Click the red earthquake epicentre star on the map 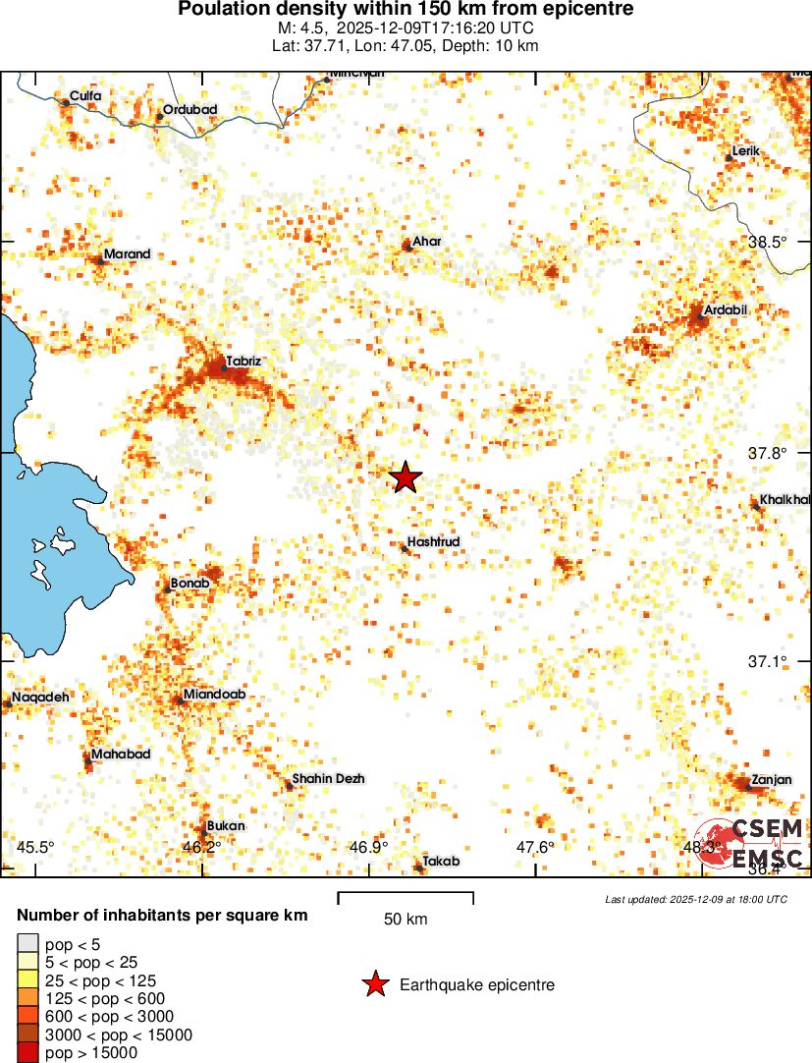pyautogui.click(x=406, y=478)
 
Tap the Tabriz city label pyautogui.click(x=244, y=362)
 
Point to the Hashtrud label pyautogui.click(x=434, y=541)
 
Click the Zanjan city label pyautogui.click(x=771, y=780)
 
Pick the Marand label pyautogui.click(x=128, y=254)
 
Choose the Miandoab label pyautogui.click(x=214, y=695)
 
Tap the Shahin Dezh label pyautogui.click(x=329, y=779)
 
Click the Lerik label pyautogui.click(x=747, y=151)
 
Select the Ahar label pyautogui.click(x=427, y=242)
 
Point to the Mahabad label pyautogui.click(x=121, y=755)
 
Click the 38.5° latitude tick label pyautogui.click(x=769, y=242)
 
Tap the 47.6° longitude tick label pyautogui.click(x=537, y=848)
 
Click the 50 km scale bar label pyautogui.click(x=406, y=920)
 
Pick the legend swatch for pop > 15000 pyautogui.click(x=27, y=1052)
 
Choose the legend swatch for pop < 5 pyautogui.click(x=27, y=944)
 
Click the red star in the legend pyautogui.click(x=374, y=984)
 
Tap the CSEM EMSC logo pyautogui.click(x=751, y=843)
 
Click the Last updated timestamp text pyautogui.click(x=696, y=899)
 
